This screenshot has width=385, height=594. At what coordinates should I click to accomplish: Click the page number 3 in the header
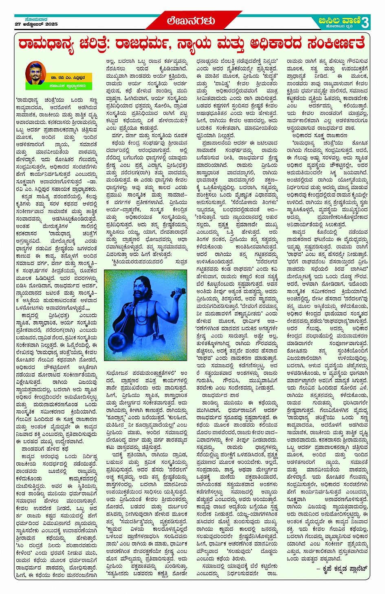pos(365,22)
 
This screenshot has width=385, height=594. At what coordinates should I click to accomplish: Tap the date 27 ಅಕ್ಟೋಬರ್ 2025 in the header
pos(36,24)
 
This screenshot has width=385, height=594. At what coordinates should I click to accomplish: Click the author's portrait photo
pos(35,73)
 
